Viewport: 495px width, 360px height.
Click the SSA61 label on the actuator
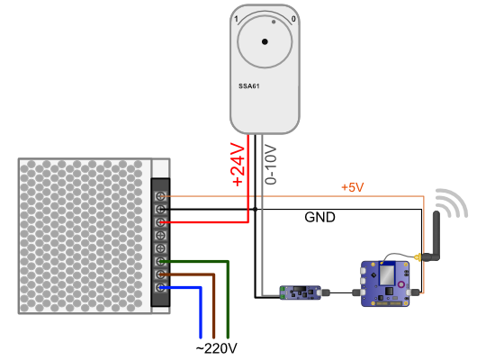249,85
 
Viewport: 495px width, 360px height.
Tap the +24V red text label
238,164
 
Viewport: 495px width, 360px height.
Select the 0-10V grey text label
271,165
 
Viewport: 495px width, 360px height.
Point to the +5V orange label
353,187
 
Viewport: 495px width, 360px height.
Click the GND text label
319,217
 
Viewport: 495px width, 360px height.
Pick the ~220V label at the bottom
216,348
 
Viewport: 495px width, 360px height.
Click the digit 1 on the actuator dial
236,20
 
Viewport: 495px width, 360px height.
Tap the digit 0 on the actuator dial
293,19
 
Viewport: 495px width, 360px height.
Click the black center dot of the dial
265,41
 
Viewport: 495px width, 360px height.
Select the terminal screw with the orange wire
161,196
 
